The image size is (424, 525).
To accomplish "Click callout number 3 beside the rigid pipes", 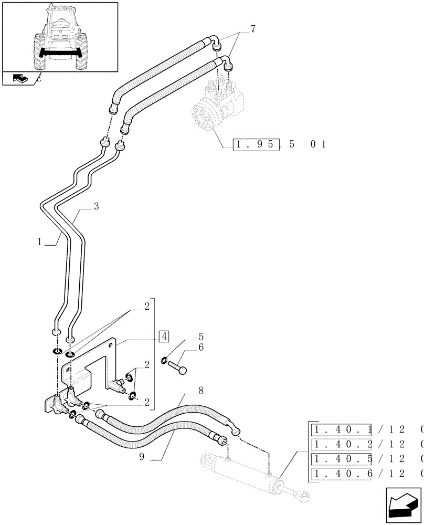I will coord(97,207).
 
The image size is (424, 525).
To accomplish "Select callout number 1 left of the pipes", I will coord(40,243).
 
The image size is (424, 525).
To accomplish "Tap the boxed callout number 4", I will coord(164,336).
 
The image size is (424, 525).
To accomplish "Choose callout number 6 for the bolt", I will coord(186,348).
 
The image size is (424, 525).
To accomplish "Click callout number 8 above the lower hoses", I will coord(186,391).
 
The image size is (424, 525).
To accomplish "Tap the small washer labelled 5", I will coord(165,360).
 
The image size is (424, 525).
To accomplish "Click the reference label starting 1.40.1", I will coord(341,430).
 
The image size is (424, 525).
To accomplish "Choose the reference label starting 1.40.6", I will coord(341,475).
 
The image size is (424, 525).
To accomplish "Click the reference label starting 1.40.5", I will coord(341,460).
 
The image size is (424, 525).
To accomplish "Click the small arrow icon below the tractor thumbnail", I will coord(19,79).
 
